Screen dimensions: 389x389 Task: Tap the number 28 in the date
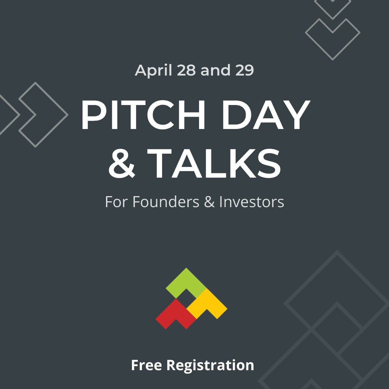point(186,70)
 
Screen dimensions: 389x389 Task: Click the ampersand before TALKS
point(122,163)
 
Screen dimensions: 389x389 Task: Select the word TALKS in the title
point(216,163)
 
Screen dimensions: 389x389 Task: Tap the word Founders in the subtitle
point(166,202)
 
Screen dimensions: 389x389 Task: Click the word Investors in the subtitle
point(252,202)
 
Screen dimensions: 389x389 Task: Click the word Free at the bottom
point(146,365)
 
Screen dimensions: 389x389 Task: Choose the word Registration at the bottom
point(210,365)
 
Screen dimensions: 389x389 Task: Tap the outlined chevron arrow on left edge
point(44,114)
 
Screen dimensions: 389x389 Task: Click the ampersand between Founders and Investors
point(209,202)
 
